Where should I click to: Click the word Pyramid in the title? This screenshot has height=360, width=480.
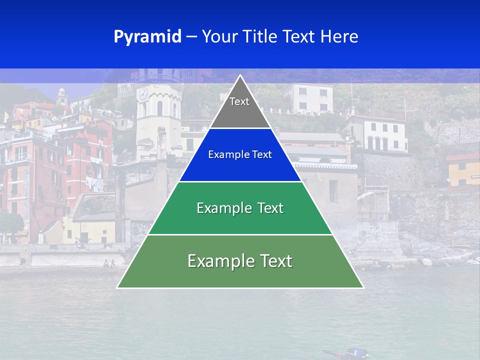tap(147, 36)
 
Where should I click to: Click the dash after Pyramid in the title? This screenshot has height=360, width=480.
tap(191, 37)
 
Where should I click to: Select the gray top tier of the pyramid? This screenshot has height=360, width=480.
tap(240, 107)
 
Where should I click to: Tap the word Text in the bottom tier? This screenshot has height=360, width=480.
tap(272, 261)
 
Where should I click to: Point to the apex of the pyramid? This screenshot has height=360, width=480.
tap(240, 76)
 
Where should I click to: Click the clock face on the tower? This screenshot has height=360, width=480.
tap(143, 93)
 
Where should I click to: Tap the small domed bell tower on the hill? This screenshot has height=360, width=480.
tap(61, 95)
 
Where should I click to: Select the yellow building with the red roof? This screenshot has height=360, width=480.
tap(463, 170)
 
